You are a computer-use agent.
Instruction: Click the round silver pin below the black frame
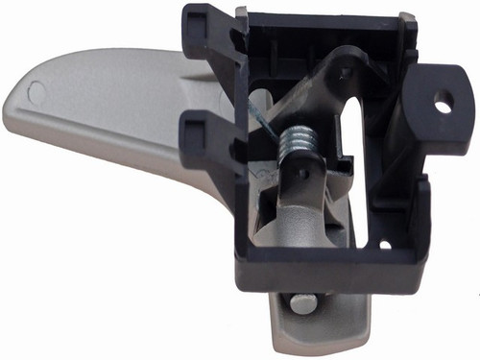303,303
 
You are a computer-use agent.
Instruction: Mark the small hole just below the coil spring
300,174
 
